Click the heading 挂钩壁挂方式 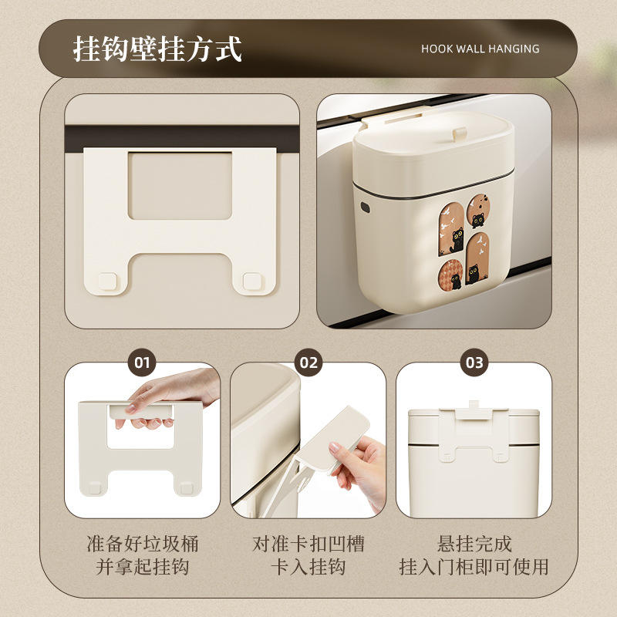click(x=157, y=49)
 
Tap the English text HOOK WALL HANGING click(x=480, y=49)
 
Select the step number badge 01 click(x=142, y=362)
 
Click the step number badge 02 click(x=308, y=362)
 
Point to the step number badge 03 click(x=474, y=362)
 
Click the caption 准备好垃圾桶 click(x=143, y=545)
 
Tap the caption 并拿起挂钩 click(x=143, y=567)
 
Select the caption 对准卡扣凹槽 click(x=308, y=545)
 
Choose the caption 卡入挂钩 click(x=308, y=567)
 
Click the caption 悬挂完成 click(x=474, y=545)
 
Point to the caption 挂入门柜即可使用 click(x=474, y=567)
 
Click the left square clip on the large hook click(x=107, y=282)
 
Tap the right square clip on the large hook click(x=252, y=282)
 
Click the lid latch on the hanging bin click(x=459, y=133)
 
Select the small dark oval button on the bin click(x=365, y=207)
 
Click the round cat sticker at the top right click(x=478, y=211)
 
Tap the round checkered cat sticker click(x=451, y=275)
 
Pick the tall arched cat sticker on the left click(x=451, y=229)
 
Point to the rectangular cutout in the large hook click(x=180, y=186)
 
